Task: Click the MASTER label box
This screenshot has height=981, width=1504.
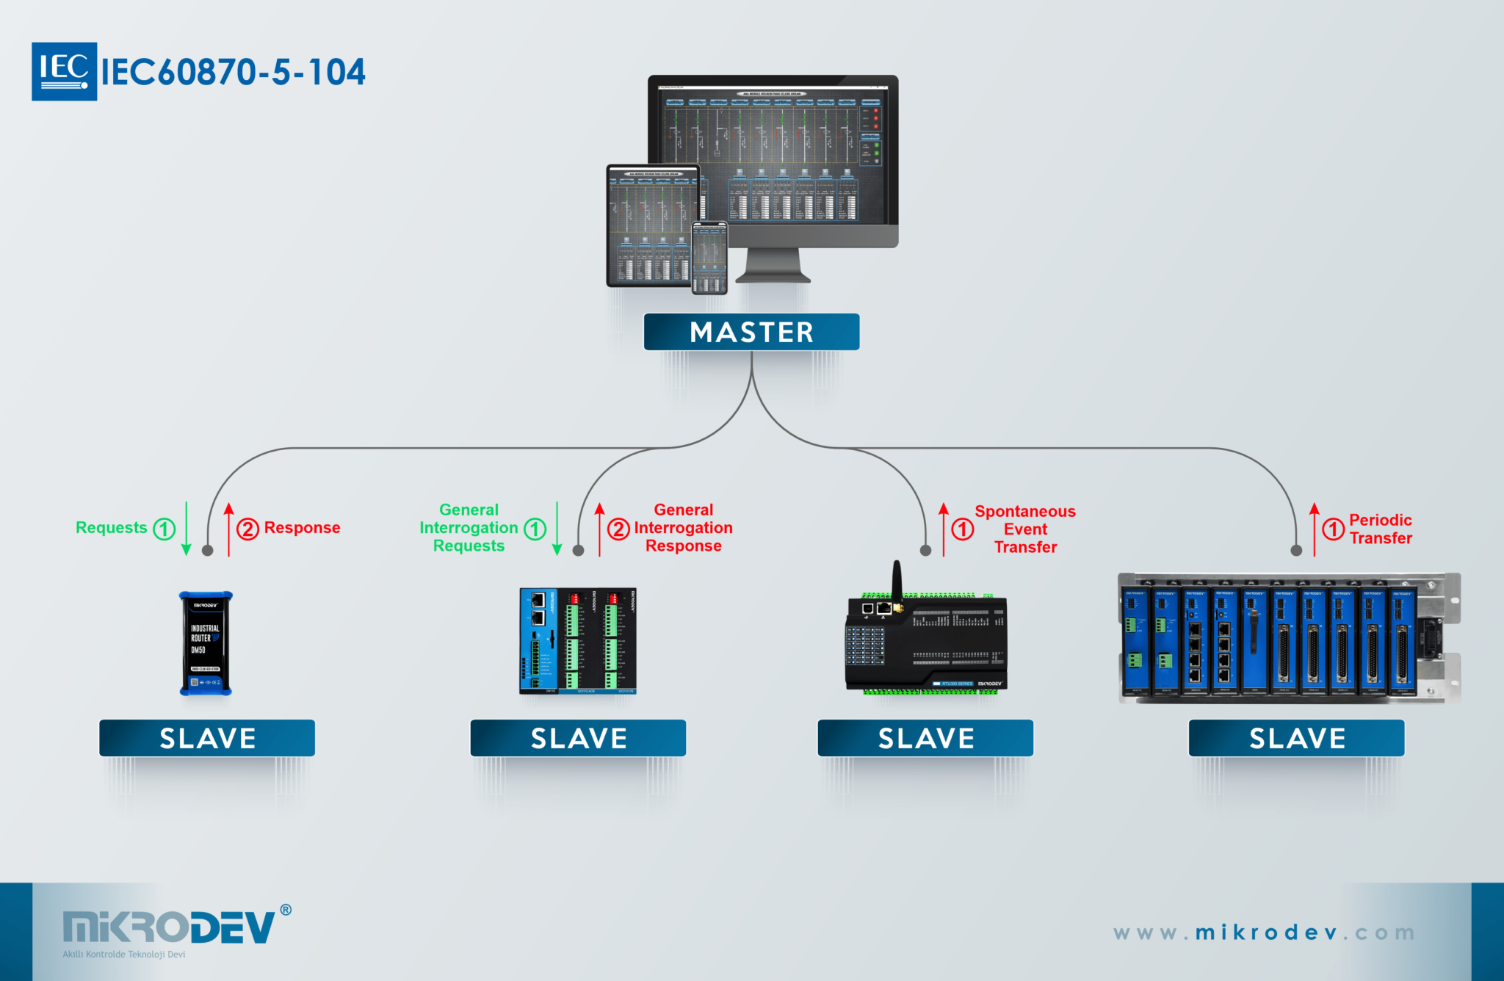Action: pos(751,332)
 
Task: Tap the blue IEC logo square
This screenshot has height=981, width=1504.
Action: pos(64,71)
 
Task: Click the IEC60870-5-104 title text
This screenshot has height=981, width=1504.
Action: pos(233,72)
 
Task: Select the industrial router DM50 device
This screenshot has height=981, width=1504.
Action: pos(206,643)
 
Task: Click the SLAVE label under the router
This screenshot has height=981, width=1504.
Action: pos(207,738)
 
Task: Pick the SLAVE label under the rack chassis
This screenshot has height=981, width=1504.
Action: pos(1296,738)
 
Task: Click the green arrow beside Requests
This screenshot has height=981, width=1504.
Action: pos(186,529)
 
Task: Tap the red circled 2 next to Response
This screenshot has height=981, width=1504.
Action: pos(247,529)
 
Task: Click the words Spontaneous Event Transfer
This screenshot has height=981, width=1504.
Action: pos(1025,529)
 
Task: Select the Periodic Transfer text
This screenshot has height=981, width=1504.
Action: pos(1380,529)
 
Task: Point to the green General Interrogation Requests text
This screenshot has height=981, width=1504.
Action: pos(469,528)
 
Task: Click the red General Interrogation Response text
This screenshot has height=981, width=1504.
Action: pos(683,528)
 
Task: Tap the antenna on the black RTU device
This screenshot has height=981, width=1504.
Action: pos(897,580)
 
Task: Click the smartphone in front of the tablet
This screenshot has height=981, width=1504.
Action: pos(709,257)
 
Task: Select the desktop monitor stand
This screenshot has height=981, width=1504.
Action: pos(773,266)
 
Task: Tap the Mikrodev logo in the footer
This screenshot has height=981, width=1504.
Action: pos(169,928)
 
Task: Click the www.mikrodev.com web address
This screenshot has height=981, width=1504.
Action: pos(1263,933)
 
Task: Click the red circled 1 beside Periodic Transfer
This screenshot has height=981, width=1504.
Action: pos(1333,529)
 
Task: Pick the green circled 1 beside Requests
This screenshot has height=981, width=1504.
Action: pos(164,529)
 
